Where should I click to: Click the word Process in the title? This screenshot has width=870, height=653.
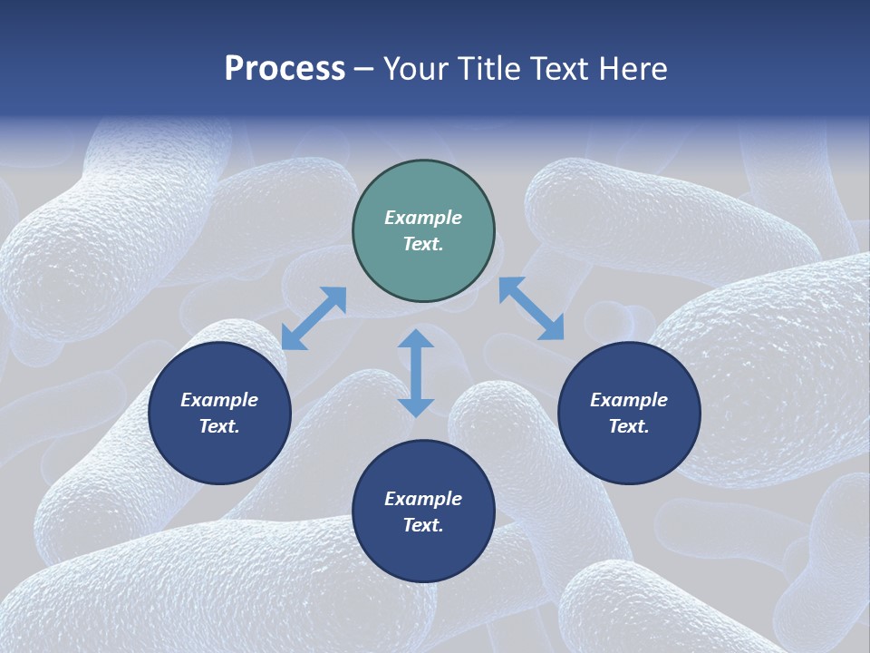tap(285, 69)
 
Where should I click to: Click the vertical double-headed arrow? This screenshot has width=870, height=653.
tap(416, 374)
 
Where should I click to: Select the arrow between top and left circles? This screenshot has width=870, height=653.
tap(314, 318)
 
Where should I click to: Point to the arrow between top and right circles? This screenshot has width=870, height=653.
tap(531, 309)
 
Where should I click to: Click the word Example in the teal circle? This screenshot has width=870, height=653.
tap(423, 218)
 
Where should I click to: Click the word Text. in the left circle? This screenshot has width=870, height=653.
tap(219, 426)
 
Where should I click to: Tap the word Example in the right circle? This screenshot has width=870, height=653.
tap(629, 400)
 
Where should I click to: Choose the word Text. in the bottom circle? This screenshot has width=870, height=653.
tap(423, 525)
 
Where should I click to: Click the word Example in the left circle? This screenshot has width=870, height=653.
tap(219, 400)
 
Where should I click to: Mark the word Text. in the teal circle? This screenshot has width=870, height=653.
tap(423, 244)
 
